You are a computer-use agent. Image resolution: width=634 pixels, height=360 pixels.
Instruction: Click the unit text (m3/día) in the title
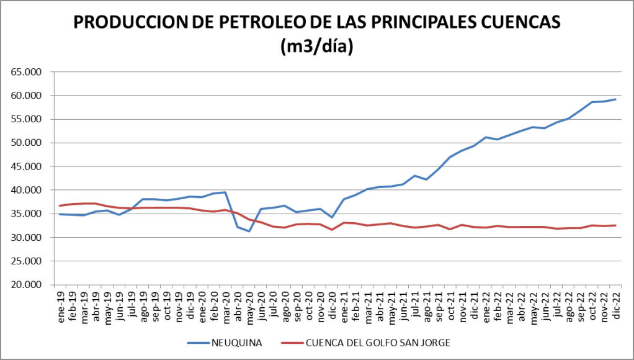point(316,46)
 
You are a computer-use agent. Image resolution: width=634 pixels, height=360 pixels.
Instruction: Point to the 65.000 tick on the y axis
point(27,72)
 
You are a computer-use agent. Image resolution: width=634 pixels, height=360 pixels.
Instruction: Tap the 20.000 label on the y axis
point(27,285)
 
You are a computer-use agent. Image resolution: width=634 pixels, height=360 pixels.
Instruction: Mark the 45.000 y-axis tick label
point(27,166)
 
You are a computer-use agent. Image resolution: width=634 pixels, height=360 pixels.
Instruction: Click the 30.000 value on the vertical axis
point(27,238)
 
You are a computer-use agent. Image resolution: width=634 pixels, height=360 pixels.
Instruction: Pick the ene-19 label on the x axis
point(61,304)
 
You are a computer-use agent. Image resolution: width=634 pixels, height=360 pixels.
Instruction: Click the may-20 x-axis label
point(249,304)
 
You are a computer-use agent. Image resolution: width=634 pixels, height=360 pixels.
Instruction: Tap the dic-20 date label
point(332,304)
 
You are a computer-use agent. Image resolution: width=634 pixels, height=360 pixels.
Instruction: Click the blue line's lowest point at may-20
point(249,232)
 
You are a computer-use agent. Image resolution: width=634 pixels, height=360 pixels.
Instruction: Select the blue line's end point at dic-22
point(615,99)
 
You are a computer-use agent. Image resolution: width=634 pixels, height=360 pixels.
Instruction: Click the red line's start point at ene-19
point(60,205)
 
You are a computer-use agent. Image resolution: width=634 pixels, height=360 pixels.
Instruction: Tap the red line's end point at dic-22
point(615,225)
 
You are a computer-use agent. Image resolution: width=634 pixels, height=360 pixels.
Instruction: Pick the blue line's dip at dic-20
point(332,217)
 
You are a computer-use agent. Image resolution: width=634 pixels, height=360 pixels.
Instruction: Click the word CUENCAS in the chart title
point(519,22)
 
